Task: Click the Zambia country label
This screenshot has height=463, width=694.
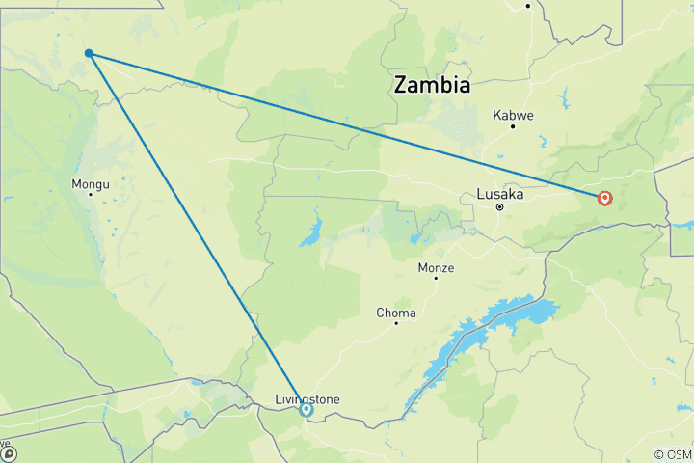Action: [x=432, y=85]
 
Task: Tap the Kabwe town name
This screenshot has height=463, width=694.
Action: [x=513, y=114]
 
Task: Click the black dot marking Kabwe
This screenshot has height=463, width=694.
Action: [x=513, y=126]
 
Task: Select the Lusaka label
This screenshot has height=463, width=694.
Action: [x=500, y=194]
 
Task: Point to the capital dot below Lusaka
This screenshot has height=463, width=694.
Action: [x=499, y=206]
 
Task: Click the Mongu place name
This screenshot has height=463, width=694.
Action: [x=91, y=183]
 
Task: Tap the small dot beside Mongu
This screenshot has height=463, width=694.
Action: [x=91, y=194]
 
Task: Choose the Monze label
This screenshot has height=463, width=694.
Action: [x=436, y=267]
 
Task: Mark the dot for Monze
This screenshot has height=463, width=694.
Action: [x=435, y=278]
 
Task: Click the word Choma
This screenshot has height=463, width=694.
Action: [x=396, y=313]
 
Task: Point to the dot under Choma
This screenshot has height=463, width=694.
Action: [x=396, y=323]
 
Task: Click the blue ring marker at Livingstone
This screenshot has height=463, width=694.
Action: [x=307, y=410]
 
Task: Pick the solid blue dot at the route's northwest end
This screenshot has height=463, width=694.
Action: [x=89, y=53]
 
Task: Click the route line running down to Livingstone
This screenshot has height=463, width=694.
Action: [x=198, y=231]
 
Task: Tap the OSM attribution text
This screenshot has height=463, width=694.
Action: [x=672, y=454]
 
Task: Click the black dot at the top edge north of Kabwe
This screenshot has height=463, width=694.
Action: [x=528, y=6]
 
